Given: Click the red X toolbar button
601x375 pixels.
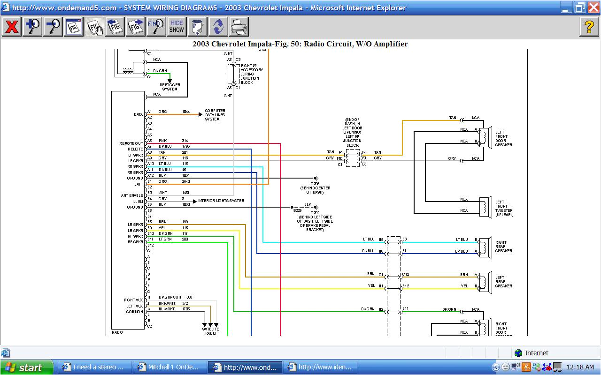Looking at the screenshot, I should point(11,27).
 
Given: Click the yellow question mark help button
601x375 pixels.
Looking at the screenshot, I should point(589,27).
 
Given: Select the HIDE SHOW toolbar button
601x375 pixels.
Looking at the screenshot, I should point(177,27).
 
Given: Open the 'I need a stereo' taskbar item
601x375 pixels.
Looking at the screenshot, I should point(94,367).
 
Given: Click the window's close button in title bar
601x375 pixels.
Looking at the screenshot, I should point(593,7).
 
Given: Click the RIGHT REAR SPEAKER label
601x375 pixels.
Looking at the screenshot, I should point(503,247).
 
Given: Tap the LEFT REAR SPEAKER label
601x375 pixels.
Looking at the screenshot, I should point(503,282).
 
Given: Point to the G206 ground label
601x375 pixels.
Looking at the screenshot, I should point(315,184).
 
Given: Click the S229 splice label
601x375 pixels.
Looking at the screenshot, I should point(297,211).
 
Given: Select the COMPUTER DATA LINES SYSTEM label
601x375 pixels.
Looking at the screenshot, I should point(215,115).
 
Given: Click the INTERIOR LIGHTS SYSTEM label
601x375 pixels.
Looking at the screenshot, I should point(221,201).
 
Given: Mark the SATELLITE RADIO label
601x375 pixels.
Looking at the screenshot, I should point(210,331).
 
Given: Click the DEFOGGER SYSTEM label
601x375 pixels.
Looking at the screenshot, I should point(170,87).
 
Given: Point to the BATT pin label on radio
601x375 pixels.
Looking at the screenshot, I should point(138,184).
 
